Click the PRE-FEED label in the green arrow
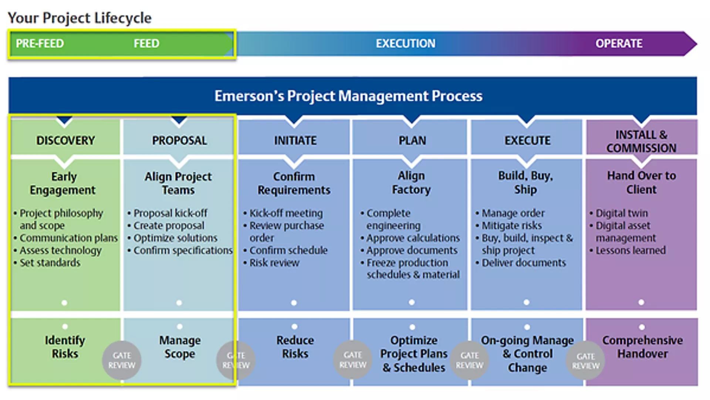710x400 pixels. click(40, 44)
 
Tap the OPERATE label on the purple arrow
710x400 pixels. click(619, 44)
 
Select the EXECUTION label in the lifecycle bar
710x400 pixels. click(405, 44)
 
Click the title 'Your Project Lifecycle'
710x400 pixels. click(80, 18)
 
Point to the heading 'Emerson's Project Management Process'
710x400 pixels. click(348, 96)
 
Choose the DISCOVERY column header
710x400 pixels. click(65, 141)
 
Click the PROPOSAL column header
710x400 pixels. click(179, 141)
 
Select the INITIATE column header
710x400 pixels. click(295, 141)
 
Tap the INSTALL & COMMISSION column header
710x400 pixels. click(641, 141)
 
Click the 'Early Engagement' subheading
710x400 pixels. click(63, 183)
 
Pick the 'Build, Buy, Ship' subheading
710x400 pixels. click(525, 183)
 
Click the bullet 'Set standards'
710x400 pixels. click(50, 263)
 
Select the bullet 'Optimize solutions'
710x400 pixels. click(175, 238)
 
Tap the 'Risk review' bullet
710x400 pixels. click(274, 263)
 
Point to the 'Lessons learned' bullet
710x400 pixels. click(630, 250)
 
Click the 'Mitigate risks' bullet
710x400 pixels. click(511, 226)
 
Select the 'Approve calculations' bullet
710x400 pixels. click(413, 238)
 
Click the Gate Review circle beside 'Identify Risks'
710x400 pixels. click(122, 360)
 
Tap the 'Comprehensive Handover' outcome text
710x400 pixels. click(642, 347)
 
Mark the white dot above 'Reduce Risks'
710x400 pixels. click(294, 327)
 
